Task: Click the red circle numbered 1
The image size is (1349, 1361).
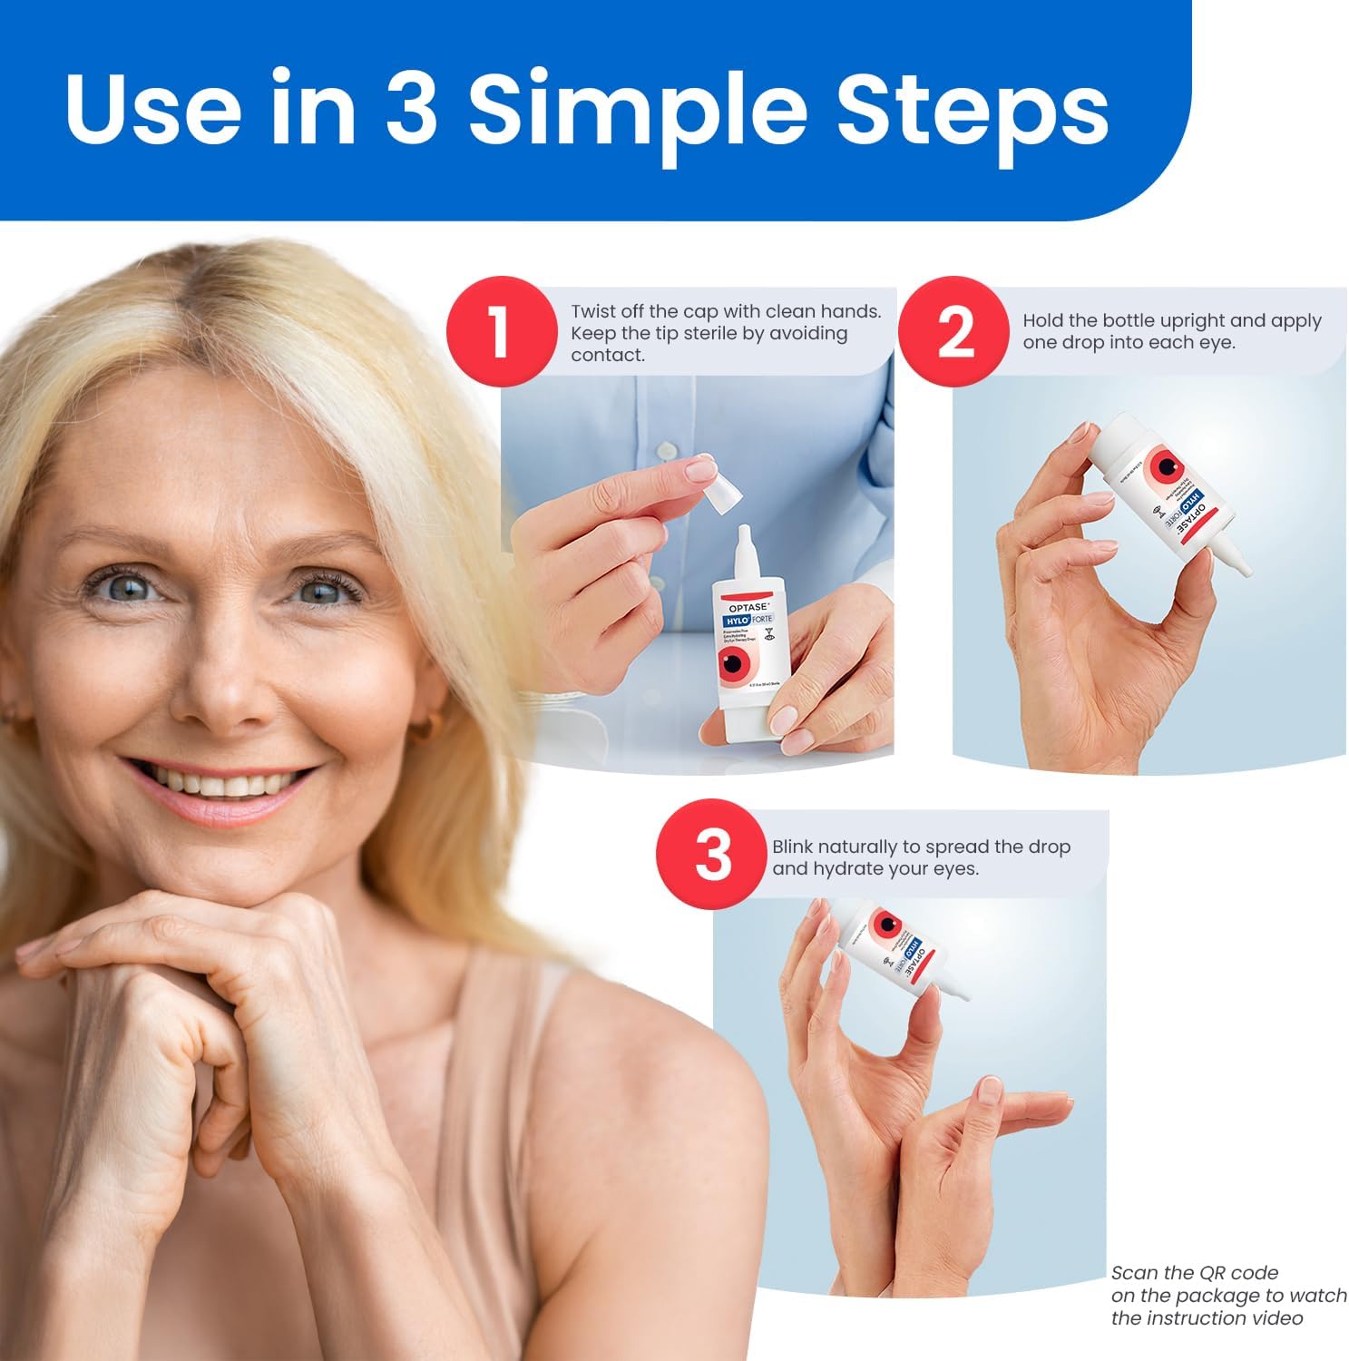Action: pyautogui.click(x=500, y=332)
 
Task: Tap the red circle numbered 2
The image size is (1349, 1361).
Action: pyautogui.click(x=953, y=332)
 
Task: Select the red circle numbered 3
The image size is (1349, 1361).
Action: pyautogui.click(x=712, y=854)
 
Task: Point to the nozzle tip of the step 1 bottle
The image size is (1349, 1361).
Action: pyautogui.click(x=744, y=532)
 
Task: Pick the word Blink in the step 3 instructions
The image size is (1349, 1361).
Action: pyautogui.click(x=792, y=847)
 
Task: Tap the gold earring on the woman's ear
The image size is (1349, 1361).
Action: pyautogui.click(x=433, y=725)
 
